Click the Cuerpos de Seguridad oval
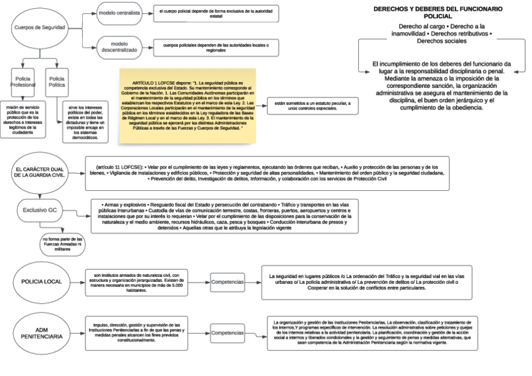point(40,28)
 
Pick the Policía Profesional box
point(25,81)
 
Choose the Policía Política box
point(56,81)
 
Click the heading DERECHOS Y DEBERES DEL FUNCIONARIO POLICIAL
point(438,13)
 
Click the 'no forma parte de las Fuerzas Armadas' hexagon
point(62,244)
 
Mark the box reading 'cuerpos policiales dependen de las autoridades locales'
point(215,48)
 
